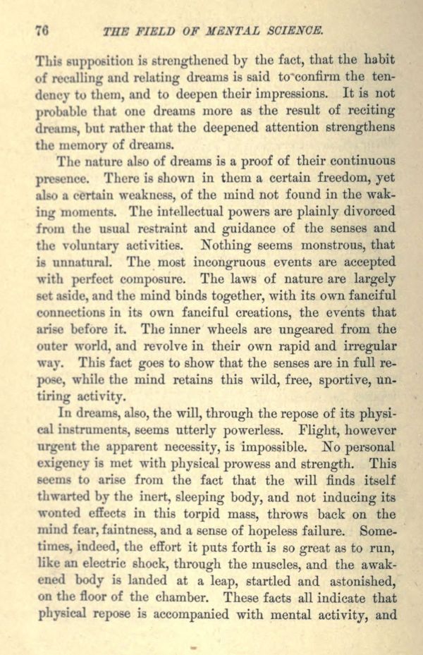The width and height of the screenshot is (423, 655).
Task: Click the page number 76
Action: tap(40, 30)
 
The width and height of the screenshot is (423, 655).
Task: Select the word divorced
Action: tap(367, 210)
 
